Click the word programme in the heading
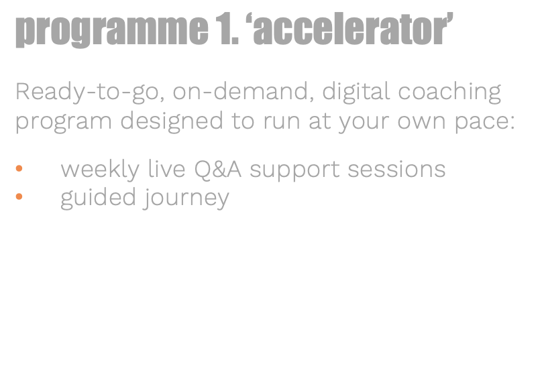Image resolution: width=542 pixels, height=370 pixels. [x=112, y=30]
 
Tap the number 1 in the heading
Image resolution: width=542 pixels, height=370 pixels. [x=224, y=29]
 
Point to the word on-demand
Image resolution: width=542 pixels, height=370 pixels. [x=243, y=91]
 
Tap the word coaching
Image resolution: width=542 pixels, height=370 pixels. [x=449, y=92]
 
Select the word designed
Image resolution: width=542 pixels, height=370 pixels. [x=172, y=121]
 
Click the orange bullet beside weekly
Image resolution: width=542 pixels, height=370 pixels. [x=19, y=169]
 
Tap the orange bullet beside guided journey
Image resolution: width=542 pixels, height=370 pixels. [x=19, y=196]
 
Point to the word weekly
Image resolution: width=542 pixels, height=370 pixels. [x=100, y=170]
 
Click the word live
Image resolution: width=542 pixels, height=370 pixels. [x=166, y=169]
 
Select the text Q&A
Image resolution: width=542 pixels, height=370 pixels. [x=218, y=170]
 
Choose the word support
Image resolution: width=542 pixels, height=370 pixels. [x=295, y=171]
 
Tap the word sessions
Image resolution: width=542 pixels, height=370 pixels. [x=397, y=170]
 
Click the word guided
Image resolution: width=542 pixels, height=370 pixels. [x=98, y=198]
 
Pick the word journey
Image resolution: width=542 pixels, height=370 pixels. [x=186, y=198]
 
